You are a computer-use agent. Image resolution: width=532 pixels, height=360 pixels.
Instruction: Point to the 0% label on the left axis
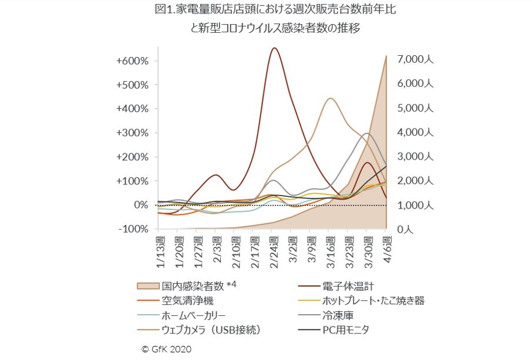pyautogui.click(x=142, y=205)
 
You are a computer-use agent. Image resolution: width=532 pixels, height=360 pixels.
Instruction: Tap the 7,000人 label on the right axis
pyautogui.click(x=414, y=59)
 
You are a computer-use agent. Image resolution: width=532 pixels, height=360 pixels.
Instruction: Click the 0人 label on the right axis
pyautogui.click(x=405, y=230)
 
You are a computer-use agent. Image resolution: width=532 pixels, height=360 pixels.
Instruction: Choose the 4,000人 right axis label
pyautogui.click(x=414, y=132)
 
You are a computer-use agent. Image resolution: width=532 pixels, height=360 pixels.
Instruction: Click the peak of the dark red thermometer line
pyautogui.click(x=274, y=48)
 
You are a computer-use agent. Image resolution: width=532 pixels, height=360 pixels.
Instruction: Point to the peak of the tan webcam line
pyautogui.click(x=331, y=98)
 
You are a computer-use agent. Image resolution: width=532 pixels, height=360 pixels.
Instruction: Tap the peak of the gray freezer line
pyautogui.click(x=367, y=133)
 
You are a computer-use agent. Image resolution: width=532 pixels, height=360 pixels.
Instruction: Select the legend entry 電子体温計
pyautogui.click(x=348, y=286)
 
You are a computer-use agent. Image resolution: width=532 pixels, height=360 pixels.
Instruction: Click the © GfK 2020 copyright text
pyautogui.click(x=166, y=349)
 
